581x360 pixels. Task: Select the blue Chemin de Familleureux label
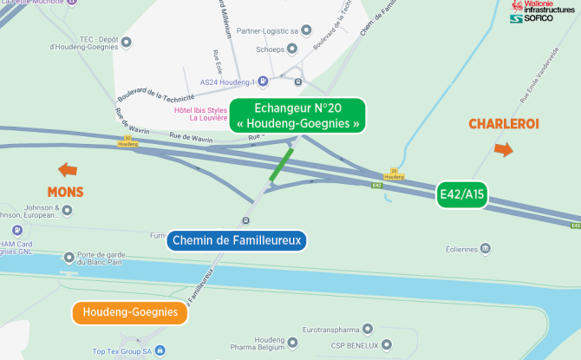(237, 239)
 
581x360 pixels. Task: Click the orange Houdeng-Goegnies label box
(130, 312)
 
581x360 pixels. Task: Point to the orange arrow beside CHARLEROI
(503, 149)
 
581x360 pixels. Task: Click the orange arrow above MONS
(67, 169)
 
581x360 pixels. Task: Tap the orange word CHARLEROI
(504, 124)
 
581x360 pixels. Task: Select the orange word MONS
(66, 191)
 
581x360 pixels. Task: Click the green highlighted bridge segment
(280, 164)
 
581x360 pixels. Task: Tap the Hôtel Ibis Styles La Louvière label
(201, 114)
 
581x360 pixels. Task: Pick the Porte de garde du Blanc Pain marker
(69, 257)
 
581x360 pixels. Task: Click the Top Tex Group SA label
(122, 351)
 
